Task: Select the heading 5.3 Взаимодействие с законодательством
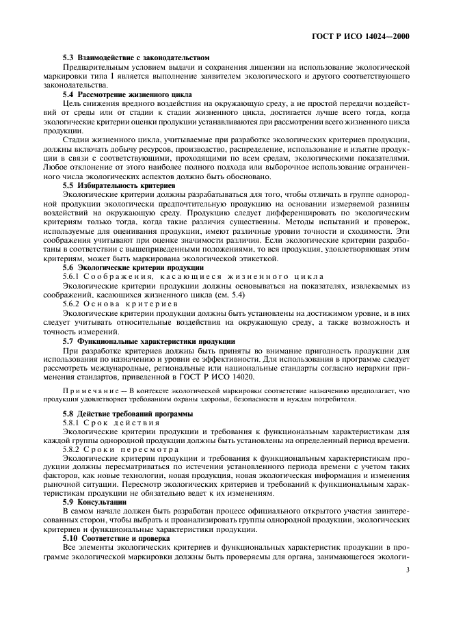(x=135, y=57)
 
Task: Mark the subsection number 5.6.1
(x=72, y=276)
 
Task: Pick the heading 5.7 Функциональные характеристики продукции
(x=148, y=340)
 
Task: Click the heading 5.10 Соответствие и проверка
(x=117, y=538)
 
